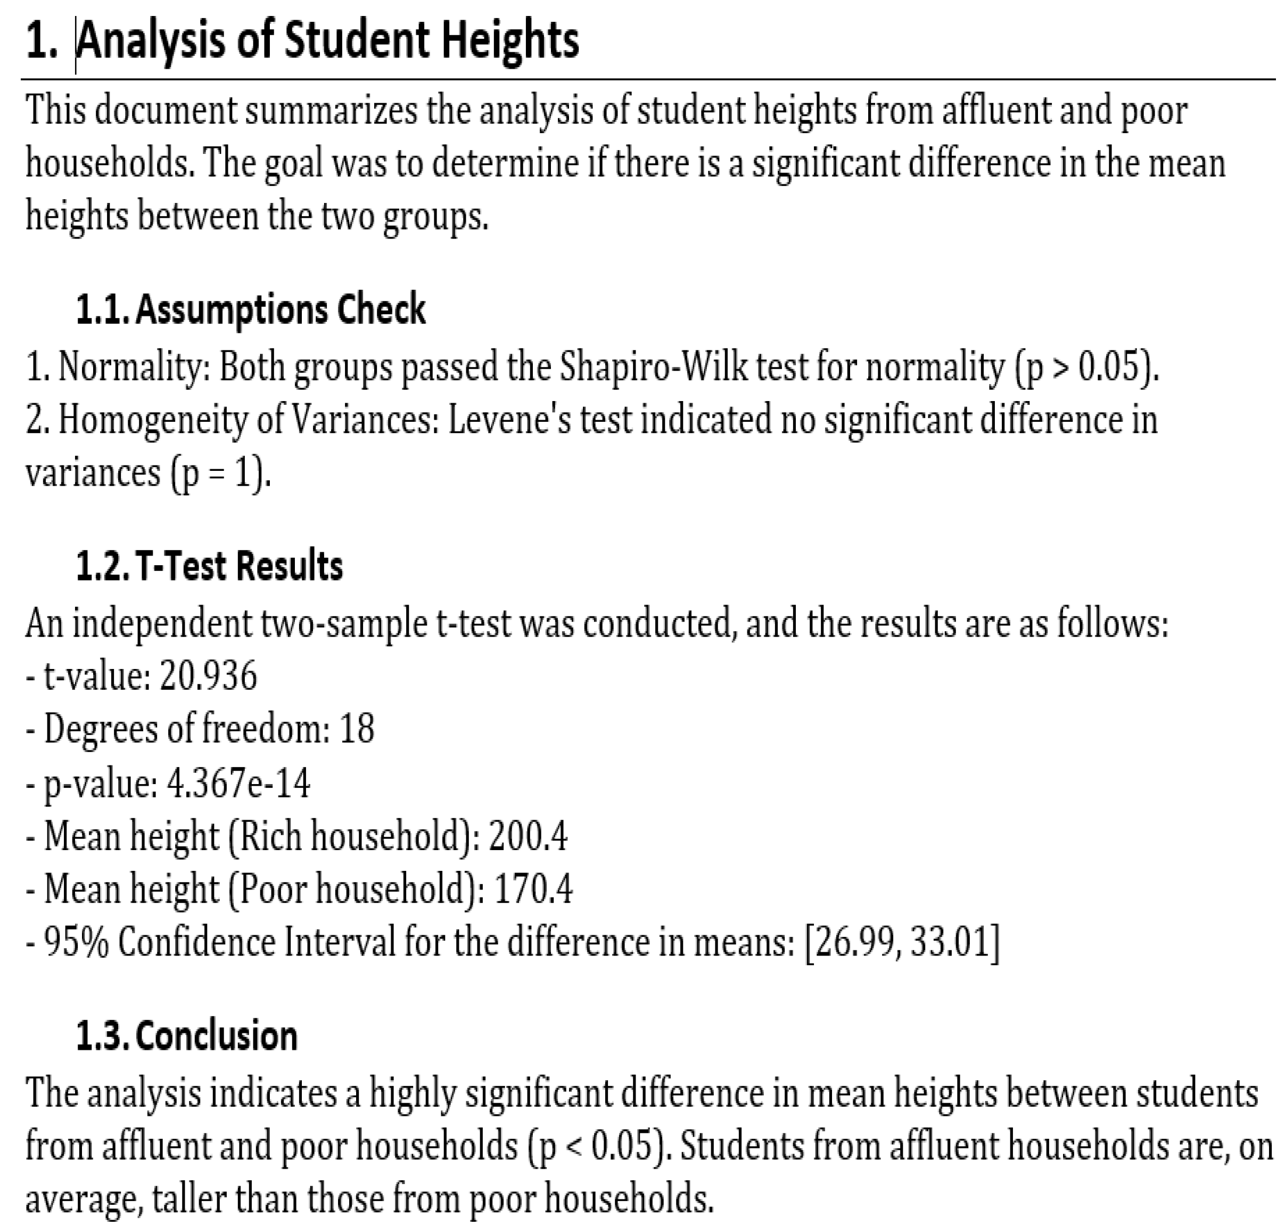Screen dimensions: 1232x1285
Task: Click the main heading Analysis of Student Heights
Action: point(328,40)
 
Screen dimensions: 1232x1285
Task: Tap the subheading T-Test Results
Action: point(240,566)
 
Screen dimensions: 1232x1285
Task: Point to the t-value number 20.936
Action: point(209,676)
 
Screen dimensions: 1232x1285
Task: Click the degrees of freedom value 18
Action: point(357,729)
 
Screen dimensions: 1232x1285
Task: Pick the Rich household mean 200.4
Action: point(528,836)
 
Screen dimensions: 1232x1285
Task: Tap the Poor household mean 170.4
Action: point(533,890)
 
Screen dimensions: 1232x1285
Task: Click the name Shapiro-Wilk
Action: point(653,366)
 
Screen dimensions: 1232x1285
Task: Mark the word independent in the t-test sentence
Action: point(162,623)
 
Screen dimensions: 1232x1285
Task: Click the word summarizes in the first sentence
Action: point(331,110)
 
